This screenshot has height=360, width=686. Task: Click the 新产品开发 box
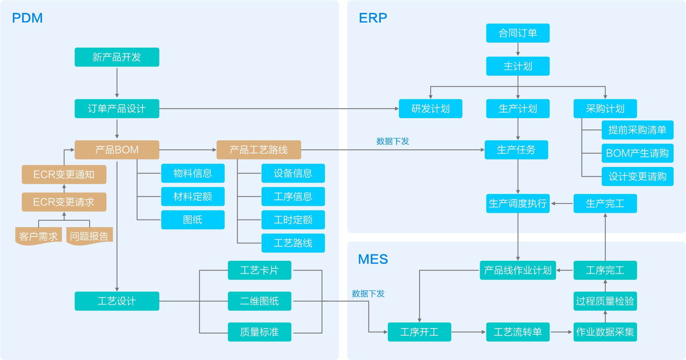point(117,57)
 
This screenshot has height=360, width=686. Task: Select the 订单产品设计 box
point(117,109)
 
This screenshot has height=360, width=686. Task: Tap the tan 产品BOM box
point(117,150)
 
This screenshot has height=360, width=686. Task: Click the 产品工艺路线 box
point(259,150)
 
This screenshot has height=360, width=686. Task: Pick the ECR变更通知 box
point(64,174)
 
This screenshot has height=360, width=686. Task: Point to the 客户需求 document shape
point(38,236)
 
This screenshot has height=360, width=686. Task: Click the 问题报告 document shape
point(89,236)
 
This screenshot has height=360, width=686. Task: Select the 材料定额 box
point(193,196)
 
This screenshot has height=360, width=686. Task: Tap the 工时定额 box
point(293,220)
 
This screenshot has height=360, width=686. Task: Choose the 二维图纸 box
point(259,301)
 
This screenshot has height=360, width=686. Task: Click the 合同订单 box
point(518,33)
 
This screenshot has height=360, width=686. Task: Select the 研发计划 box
point(430,109)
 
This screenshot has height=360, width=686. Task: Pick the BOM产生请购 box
point(637,153)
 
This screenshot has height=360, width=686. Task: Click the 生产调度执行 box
point(518,203)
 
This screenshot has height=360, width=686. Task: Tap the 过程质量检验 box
point(605,301)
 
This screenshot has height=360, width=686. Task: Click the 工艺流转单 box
point(518,332)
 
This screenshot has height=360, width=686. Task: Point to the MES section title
point(373,259)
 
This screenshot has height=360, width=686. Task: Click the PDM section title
point(27,18)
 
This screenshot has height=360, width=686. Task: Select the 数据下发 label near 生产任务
point(393,141)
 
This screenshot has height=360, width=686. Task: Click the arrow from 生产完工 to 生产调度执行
point(562,203)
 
